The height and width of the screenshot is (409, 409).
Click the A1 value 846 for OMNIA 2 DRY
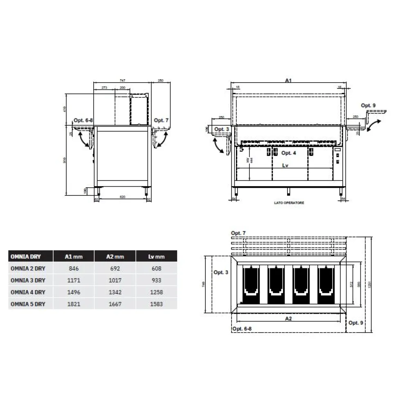74,269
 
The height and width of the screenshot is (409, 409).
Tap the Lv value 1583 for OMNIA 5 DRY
156,304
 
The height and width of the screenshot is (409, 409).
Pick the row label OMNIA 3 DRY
28,281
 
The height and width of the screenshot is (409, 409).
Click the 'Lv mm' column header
156,257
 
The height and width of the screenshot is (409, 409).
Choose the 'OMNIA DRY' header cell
25,257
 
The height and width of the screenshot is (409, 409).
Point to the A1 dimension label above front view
288,81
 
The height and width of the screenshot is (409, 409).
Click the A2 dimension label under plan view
289,318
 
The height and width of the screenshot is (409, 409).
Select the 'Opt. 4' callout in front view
288,153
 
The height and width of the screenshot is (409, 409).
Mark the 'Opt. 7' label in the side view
161,120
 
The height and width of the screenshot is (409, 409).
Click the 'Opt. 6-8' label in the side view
83,120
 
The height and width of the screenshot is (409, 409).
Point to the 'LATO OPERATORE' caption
289,203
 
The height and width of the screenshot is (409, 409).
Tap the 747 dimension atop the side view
122,81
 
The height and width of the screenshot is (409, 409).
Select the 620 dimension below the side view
122,198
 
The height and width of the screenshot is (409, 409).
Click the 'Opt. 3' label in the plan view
221,272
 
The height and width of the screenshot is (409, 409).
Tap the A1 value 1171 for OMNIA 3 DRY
74,281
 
